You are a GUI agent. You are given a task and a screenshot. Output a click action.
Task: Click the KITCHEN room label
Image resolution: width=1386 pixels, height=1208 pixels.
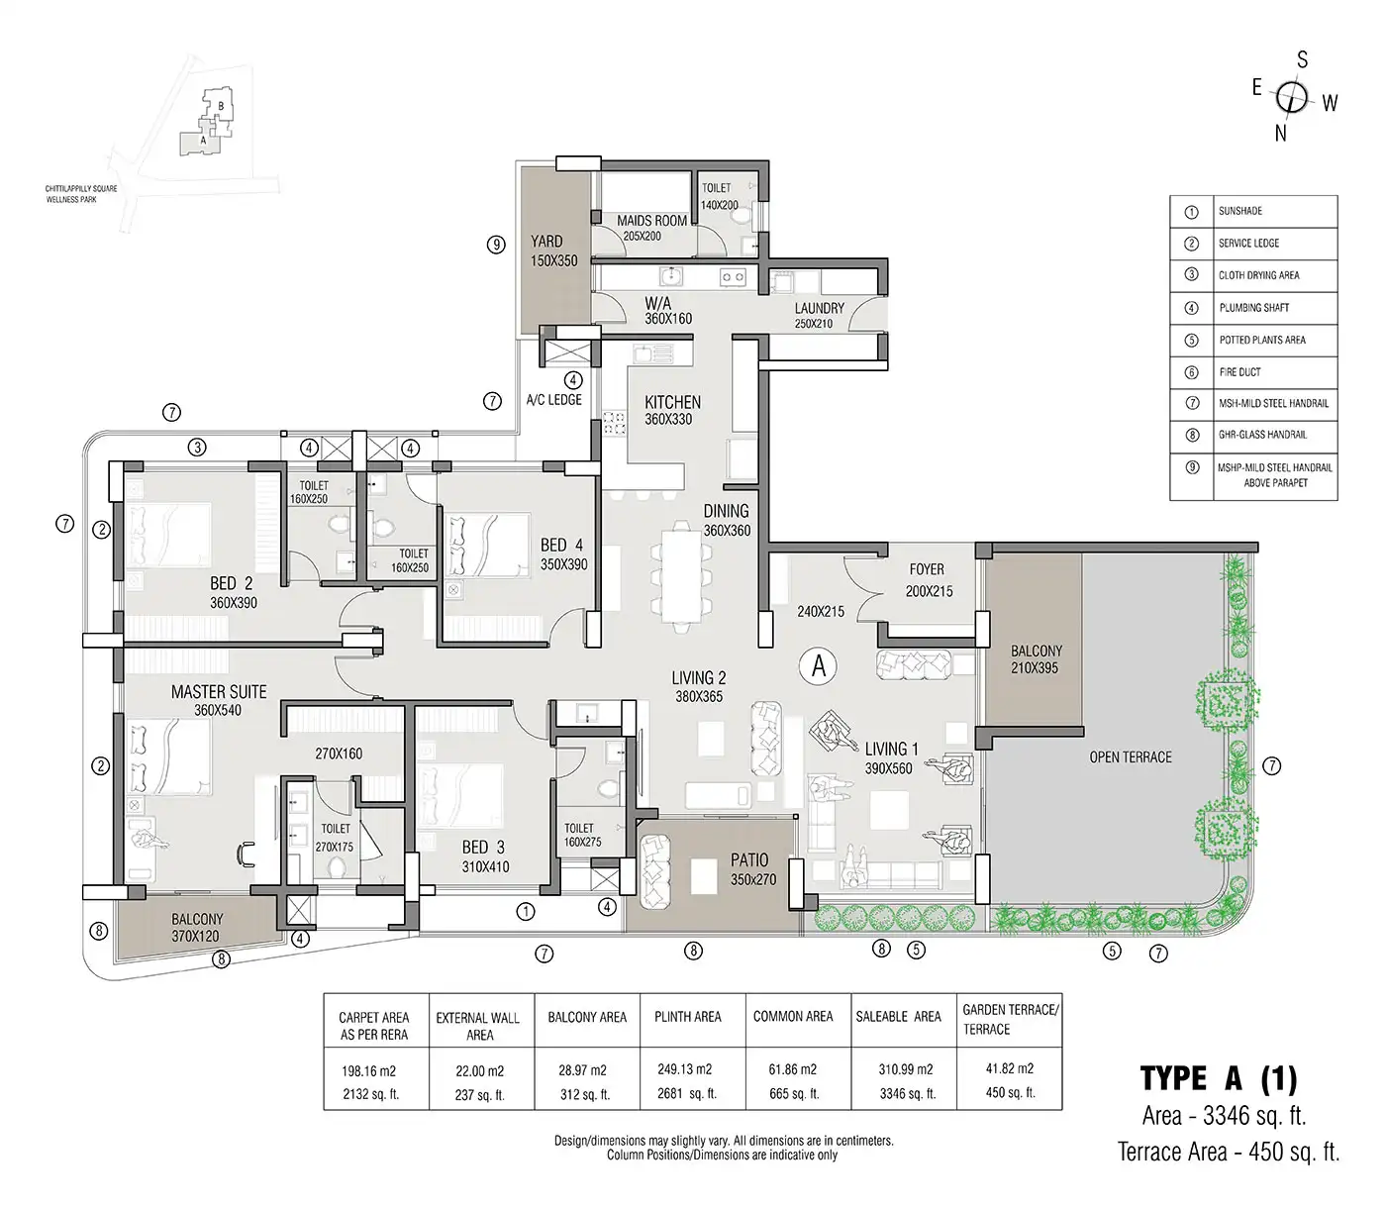click(672, 403)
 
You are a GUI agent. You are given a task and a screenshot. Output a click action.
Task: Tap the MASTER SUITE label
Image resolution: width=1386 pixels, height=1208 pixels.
click(219, 692)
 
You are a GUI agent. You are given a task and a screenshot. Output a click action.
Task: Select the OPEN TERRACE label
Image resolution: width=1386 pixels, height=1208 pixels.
click(1130, 757)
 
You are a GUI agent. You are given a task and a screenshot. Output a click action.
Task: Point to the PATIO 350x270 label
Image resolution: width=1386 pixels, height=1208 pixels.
click(748, 869)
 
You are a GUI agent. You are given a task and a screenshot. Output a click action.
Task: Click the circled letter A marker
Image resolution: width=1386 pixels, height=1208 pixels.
click(819, 666)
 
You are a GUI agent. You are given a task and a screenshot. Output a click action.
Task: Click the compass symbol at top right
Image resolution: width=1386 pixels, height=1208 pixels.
click(1292, 97)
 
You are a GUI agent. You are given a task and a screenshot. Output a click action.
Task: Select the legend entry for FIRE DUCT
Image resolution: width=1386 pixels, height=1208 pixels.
click(1239, 372)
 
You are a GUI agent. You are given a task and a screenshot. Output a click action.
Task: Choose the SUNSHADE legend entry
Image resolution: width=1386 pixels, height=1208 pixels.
click(1239, 211)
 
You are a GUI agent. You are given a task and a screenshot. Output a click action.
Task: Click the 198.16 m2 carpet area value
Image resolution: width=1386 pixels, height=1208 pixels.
click(374, 1070)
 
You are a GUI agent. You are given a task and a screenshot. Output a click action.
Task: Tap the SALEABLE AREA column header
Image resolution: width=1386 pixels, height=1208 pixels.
click(898, 1017)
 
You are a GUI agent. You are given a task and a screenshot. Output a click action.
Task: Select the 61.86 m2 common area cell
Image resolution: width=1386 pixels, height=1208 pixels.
click(792, 1070)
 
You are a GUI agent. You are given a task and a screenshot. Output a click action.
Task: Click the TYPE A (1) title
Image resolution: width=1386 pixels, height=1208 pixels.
click(1218, 1077)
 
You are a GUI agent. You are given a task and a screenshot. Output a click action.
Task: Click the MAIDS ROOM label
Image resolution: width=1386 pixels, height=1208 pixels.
click(651, 221)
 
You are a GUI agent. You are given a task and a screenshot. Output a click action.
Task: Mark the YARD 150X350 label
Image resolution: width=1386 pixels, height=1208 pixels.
click(545, 251)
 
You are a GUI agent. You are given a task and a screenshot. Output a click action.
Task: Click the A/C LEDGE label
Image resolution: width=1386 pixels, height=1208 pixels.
click(554, 400)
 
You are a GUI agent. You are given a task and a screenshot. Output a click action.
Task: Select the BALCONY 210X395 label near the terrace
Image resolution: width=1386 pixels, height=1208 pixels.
click(1036, 659)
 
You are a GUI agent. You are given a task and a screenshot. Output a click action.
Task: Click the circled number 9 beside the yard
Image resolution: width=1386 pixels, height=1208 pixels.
click(496, 244)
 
